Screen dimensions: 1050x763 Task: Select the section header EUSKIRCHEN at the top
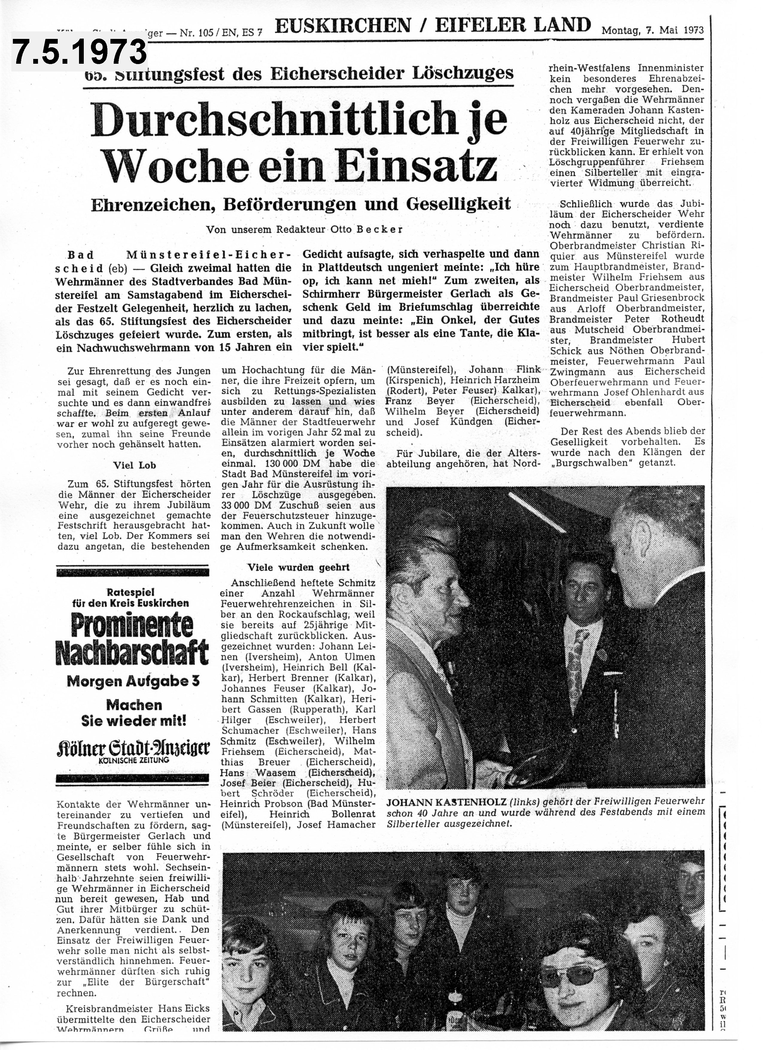[x=343, y=26]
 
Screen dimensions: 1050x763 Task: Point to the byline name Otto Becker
[x=367, y=229]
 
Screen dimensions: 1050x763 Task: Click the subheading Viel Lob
[x=134, y=465]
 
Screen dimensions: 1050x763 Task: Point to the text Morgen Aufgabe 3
[x=133, y=681]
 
